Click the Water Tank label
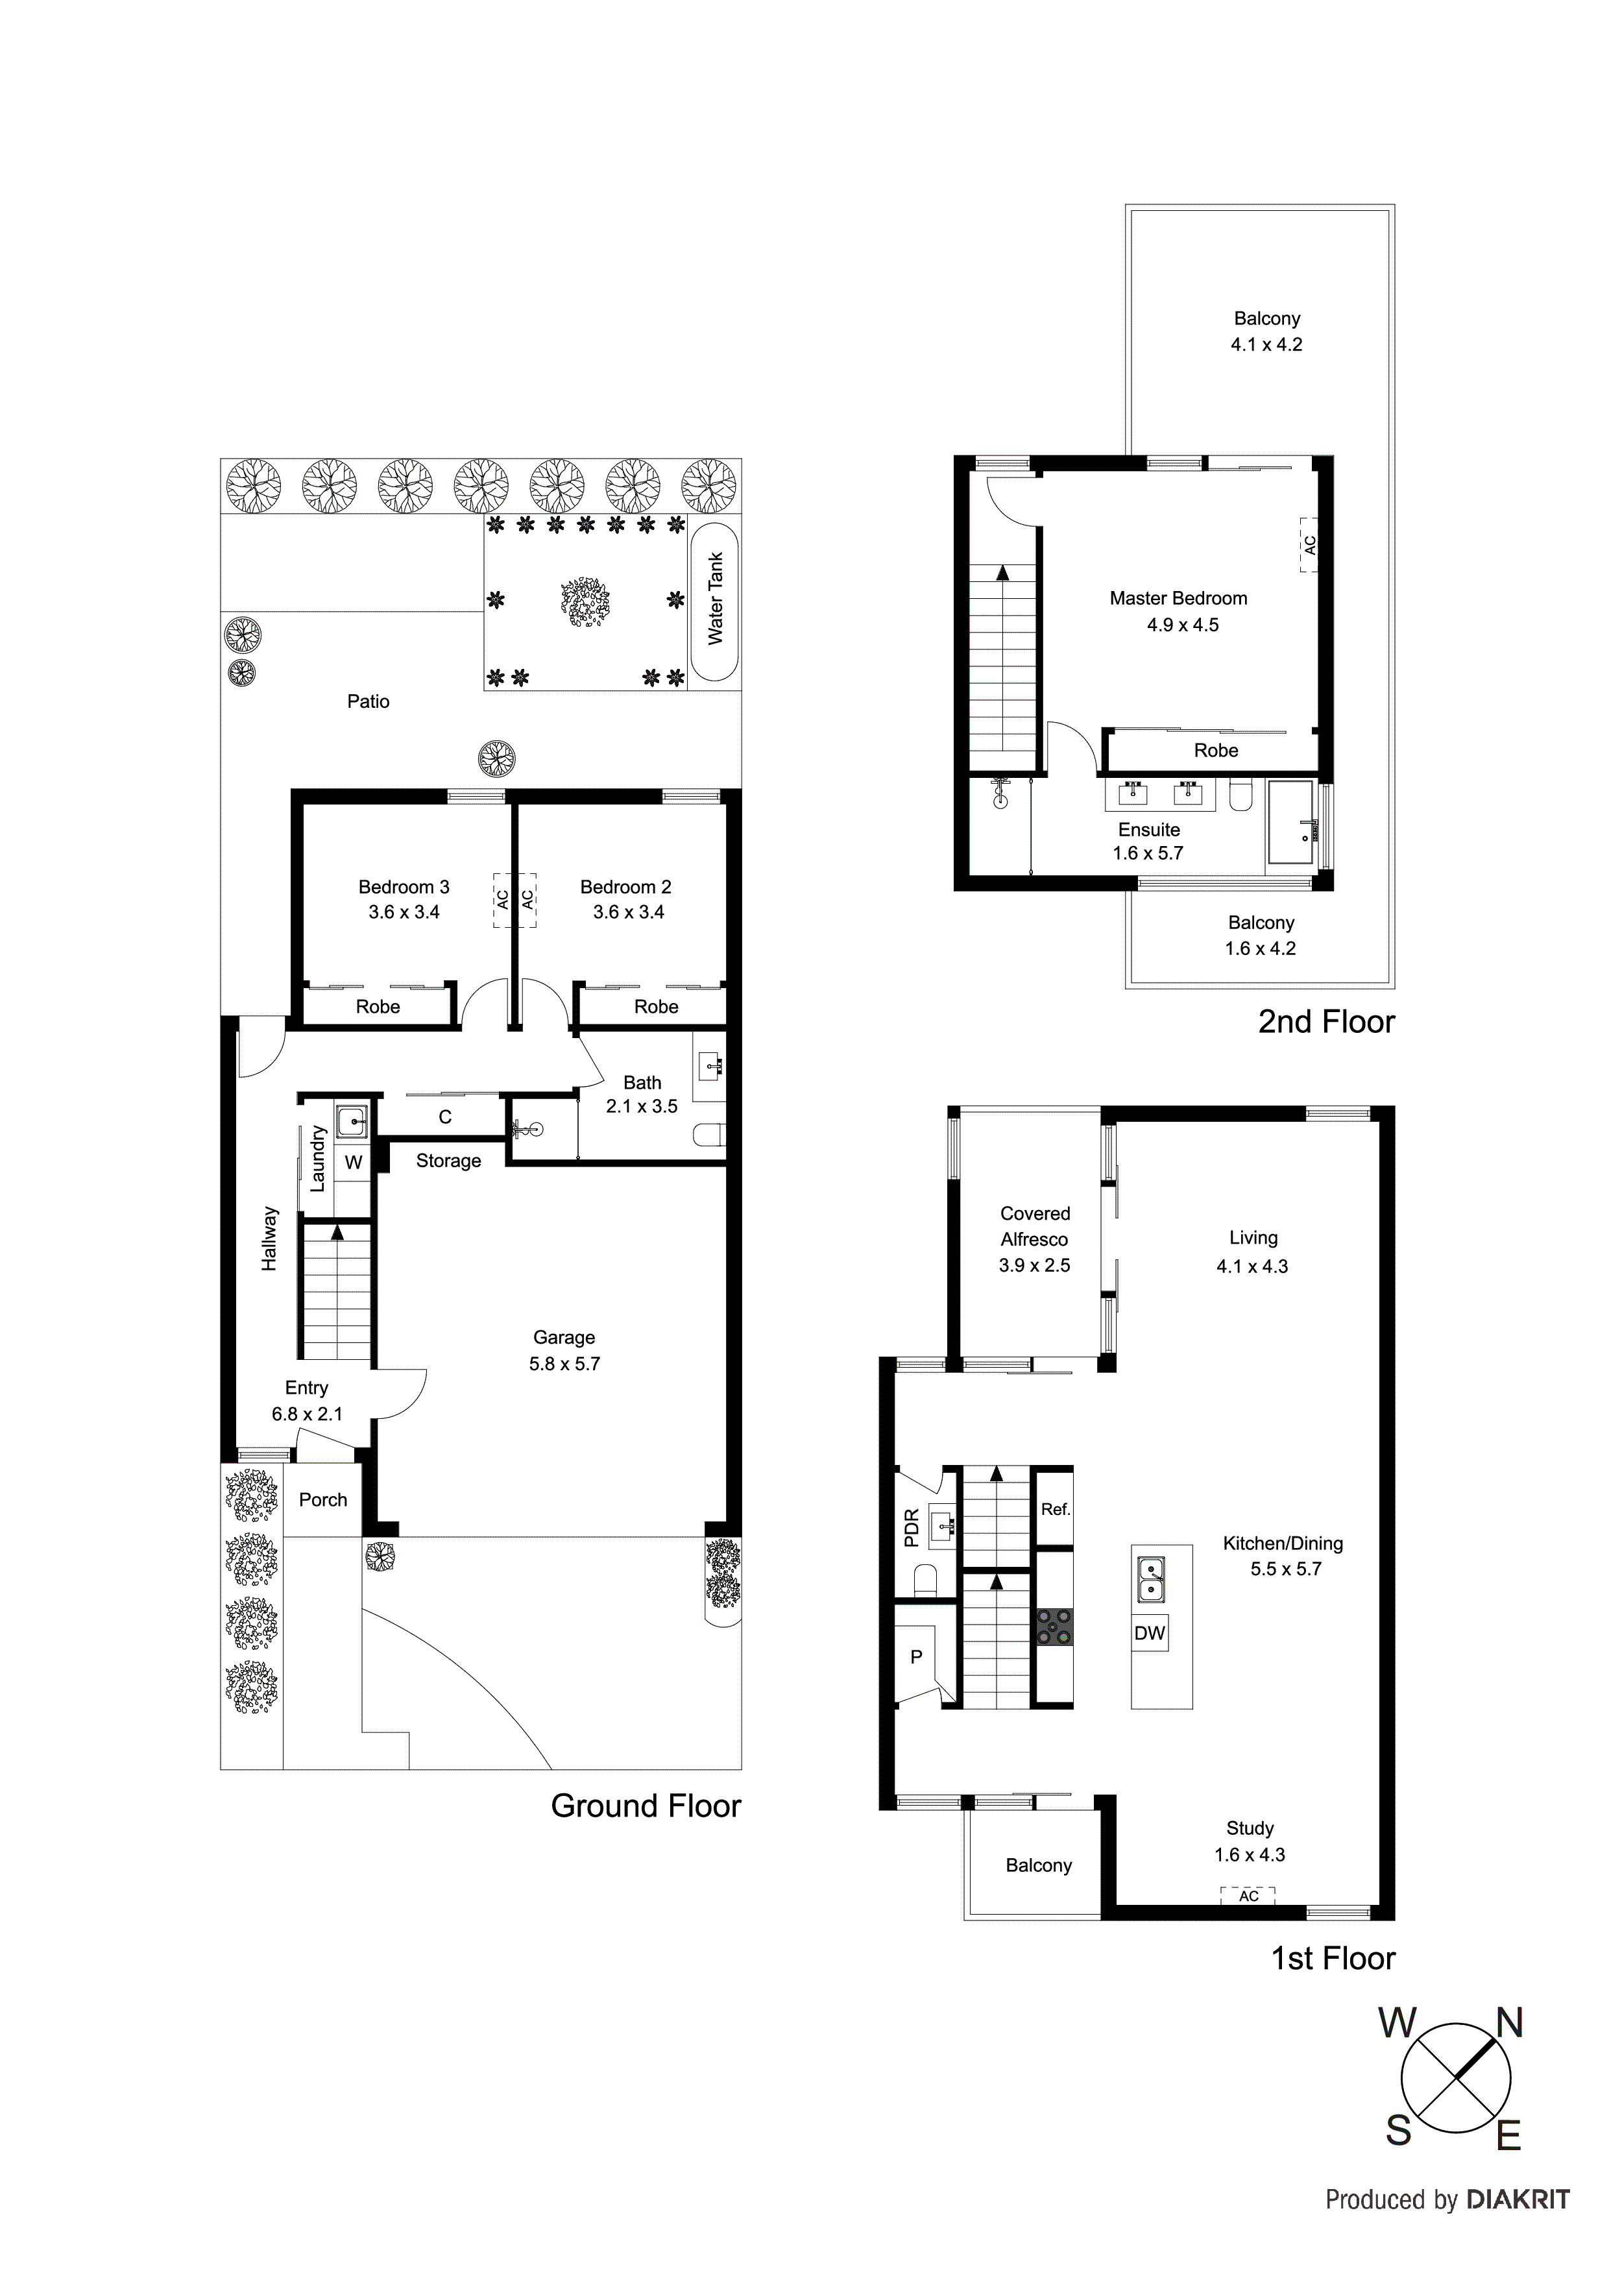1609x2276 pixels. (716, 599)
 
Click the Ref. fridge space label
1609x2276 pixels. (1055, 1510)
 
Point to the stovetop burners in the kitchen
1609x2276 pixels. (1054, 1628)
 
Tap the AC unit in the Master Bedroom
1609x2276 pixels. (1309, 544)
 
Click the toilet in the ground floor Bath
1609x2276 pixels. (710, 1134)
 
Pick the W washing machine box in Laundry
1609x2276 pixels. (353, 1162)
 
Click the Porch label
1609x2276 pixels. (323, 1500)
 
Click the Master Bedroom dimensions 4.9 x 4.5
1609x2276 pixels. (1183, 625)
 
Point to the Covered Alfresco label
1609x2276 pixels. (1034, 1226)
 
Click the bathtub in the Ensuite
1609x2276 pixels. (1293, 825)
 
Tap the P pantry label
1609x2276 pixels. (916, 1656)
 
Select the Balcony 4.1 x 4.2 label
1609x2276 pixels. (1266, 331)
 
